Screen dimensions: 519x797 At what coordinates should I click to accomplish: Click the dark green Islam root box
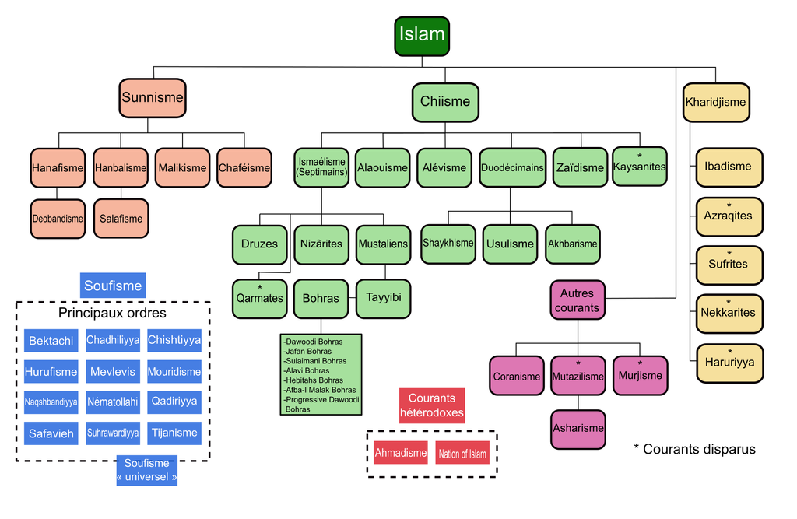click(422, 36)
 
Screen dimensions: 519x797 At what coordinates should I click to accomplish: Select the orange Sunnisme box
click(153, 98)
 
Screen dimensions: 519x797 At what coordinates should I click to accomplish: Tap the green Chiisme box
click(445, 102)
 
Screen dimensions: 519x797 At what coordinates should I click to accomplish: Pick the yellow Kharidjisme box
click(716, 102)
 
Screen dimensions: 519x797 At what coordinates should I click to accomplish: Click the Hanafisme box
click(58, 168)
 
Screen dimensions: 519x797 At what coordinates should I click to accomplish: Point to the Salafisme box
click(121, 219)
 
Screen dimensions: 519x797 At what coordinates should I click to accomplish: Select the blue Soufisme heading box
click(113, 286)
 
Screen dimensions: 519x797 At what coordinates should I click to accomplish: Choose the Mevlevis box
click(113, 372)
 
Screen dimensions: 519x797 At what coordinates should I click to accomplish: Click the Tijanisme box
click(174, 433)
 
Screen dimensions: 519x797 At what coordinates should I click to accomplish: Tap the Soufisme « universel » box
click(147, 470)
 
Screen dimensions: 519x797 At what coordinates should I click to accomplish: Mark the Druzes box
click(259, 244)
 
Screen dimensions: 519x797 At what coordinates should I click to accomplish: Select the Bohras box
click(321, 299)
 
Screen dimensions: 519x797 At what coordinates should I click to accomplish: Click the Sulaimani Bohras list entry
click(316, 361)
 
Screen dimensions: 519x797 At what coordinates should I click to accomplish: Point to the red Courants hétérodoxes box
click(432, 405)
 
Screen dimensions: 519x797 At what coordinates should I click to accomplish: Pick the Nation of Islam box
click(462, 454)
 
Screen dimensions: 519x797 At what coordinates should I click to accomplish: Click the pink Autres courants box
click(578, 300)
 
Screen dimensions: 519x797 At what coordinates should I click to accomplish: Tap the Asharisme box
click(578, 429)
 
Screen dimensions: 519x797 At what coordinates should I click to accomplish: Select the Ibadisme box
click(729, 167)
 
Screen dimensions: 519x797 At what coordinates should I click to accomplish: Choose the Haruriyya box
click(729, 363)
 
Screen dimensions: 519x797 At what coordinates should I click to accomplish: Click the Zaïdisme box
click(580, 167)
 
